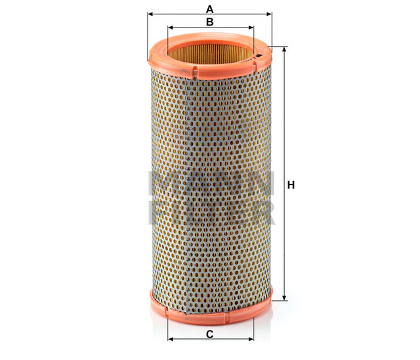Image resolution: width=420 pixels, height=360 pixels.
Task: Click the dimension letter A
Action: [x=210, y=9]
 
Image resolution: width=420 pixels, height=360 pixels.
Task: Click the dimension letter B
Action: [x=210, y=22]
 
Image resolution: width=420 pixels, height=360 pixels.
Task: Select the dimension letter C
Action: [x=210, y=335]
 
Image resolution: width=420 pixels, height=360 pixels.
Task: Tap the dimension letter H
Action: [x=291, y=185]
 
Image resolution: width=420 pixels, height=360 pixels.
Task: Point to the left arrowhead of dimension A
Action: [x=150, y=13]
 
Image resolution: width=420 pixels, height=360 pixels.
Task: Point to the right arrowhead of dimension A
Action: [x=268, y=13]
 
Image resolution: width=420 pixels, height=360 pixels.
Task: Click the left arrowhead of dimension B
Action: [x=171, y=28]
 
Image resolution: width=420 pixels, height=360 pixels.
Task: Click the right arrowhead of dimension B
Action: [x=250, y=28]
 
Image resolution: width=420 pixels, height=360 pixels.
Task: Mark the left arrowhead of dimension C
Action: [x=171, y=340]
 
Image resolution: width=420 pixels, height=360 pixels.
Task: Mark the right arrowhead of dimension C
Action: [x=250, y=340]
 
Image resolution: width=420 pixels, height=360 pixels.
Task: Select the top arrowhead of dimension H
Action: [x=284, y=50]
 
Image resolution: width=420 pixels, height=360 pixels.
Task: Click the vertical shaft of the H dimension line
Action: [x=284, y=131]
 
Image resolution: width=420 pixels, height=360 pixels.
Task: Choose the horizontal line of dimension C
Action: [x=190, y=340]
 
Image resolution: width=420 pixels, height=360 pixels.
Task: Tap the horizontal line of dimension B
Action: [x=190, y=28]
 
